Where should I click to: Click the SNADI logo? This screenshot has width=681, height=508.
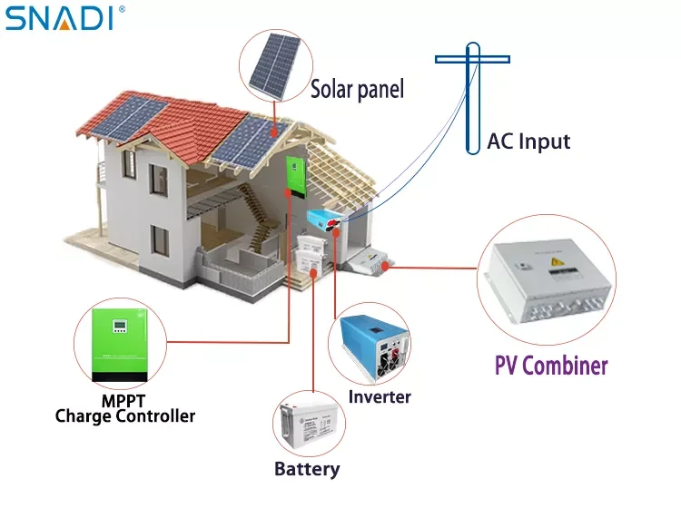coord(59,17)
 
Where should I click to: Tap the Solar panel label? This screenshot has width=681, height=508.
coord(357,89)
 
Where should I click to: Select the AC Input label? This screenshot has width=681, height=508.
coord(528,142)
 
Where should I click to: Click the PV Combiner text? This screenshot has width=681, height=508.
coord(551,366)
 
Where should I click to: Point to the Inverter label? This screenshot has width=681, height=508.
coord(380,396)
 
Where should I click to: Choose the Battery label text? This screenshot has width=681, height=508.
coord(307,469)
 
